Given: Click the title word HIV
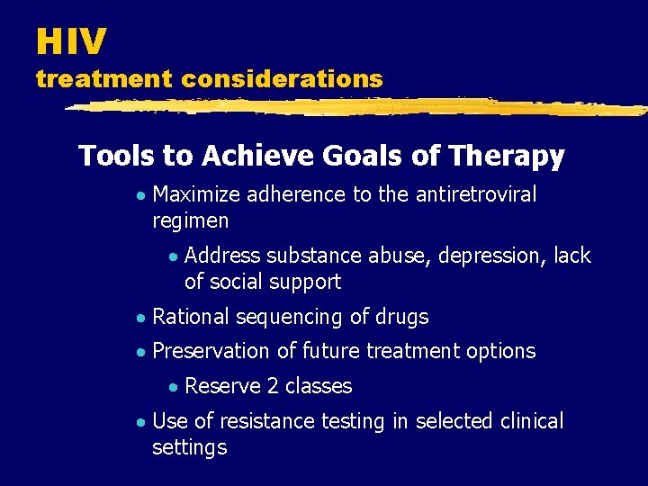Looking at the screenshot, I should [71, 40].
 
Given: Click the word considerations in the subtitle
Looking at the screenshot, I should [282, 79].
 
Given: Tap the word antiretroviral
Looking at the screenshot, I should [476, 194].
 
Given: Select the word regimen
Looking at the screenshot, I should [191, 220].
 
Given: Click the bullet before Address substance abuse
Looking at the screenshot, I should [173, 256].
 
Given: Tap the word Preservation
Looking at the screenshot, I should [211, 351].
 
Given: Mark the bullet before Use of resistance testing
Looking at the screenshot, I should [140, 422].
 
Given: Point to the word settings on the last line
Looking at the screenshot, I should [190, 447].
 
